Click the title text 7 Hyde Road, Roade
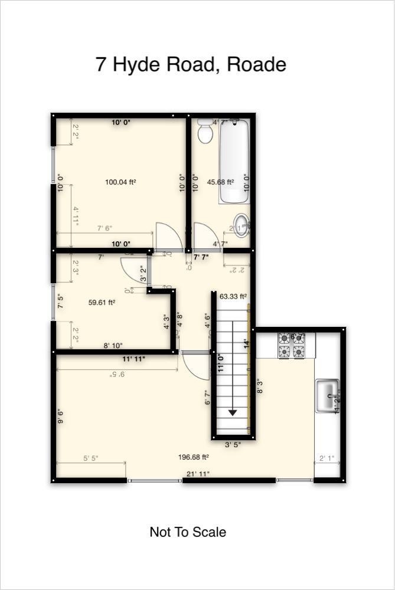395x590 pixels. click(x=191, y=64)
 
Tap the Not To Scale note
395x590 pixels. click(x=188, y=532)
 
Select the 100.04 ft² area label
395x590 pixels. click(x=120, y=182)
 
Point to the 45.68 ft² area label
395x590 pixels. click(x=220, y=182)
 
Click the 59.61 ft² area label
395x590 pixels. click(x=102, y=302)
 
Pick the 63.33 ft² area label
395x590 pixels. click(x=233, y=296)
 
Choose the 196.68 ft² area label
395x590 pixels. click(x=194, y=457)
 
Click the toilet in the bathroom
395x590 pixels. click(x=205, y=131)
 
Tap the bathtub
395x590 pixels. click(x=234, y=161)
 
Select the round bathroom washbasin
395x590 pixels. click(x=241, y=225)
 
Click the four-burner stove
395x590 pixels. click(x=291, y=345)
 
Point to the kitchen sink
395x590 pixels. click(x=327, y=396)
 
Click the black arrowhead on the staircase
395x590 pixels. click(x=233, y=412)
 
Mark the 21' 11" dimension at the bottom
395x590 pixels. click(x=198, y=474)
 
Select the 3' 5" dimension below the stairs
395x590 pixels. click(x=232, y=445)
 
